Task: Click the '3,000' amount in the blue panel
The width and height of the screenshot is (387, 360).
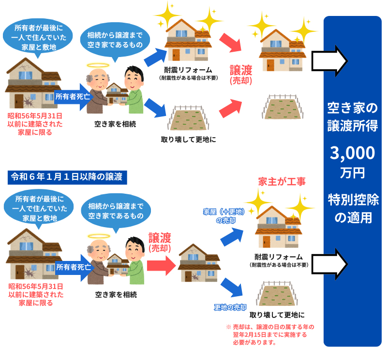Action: point(352,153)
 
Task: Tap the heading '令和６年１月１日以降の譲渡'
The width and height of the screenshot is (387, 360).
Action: point(67,177)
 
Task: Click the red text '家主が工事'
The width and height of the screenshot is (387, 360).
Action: point(282,182)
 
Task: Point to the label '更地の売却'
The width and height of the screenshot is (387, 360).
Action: point(230,307)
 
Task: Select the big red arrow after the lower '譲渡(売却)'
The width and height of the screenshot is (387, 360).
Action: point(160,263)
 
